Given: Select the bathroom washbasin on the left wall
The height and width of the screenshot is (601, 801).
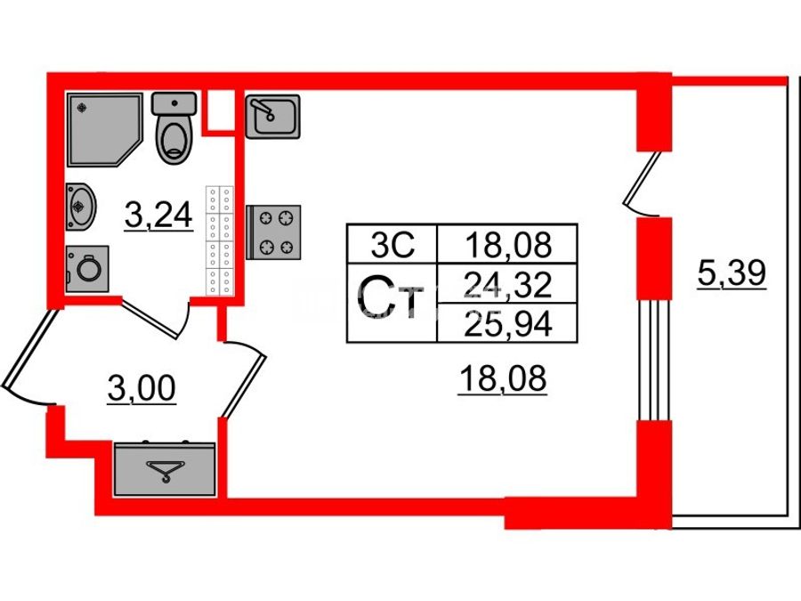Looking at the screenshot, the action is tap(80, 207).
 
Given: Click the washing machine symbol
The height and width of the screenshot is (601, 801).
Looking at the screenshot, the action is tap(87, 269).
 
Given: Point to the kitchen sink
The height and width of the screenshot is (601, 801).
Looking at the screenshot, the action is tap(273, 117).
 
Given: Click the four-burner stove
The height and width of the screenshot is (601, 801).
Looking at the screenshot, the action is tap(273, 232).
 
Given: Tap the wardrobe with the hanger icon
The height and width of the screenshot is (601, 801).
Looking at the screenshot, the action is tap(165, 468).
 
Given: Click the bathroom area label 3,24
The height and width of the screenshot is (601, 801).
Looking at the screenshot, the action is tap(158, 215).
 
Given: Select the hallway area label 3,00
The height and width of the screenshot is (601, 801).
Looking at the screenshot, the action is tap(142, 389).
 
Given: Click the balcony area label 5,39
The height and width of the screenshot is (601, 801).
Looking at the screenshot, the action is tap(732, 273).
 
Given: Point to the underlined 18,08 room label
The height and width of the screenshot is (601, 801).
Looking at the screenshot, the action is tap(503, 379).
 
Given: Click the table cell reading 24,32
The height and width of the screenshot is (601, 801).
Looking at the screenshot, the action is tap(508, 284).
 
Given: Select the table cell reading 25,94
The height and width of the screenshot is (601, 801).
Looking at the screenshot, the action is tap(508, 323).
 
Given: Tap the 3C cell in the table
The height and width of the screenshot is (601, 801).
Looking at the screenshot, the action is tap(392, 244).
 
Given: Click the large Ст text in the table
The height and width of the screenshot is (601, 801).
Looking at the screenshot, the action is tap(392, 296).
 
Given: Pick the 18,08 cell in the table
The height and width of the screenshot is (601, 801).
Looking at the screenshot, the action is tap(508, 244).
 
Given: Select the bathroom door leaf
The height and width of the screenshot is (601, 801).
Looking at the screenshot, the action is tap(151, 319).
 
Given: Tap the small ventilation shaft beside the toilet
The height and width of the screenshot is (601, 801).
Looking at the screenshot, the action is tap(219, 110).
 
